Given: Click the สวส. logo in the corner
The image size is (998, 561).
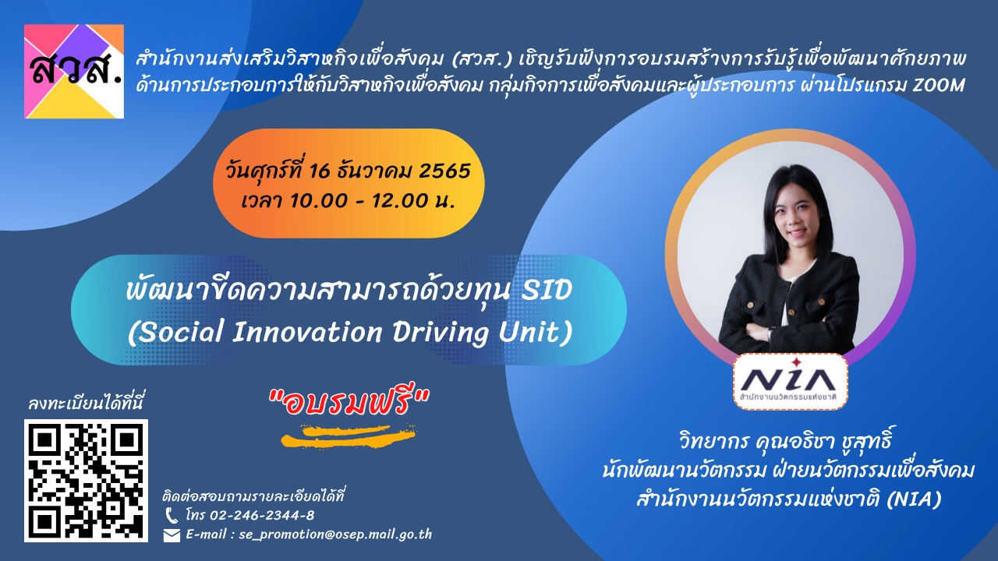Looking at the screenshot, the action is click(74, 71).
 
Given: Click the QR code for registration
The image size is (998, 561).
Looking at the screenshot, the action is click(86, 481).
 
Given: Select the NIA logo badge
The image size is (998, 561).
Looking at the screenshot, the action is click(791, 382).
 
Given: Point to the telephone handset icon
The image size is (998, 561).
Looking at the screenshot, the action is click(171, 516).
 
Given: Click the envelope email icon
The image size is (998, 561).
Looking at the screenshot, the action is click(172, 535).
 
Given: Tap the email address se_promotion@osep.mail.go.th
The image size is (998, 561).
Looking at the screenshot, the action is click(335, 535).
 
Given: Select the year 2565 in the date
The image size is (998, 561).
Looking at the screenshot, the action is click(444, 171).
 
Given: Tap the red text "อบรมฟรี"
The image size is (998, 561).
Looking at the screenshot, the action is click(349, 403).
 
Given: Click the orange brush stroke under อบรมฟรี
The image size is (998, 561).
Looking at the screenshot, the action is click(349, 436).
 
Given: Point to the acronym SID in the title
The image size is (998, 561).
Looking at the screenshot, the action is click(547, 290).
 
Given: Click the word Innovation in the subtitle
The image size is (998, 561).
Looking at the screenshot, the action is click(307, 333).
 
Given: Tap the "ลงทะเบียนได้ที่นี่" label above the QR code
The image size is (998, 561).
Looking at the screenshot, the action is click(86, 403).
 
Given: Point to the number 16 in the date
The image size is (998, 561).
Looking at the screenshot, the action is click(319, 171).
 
